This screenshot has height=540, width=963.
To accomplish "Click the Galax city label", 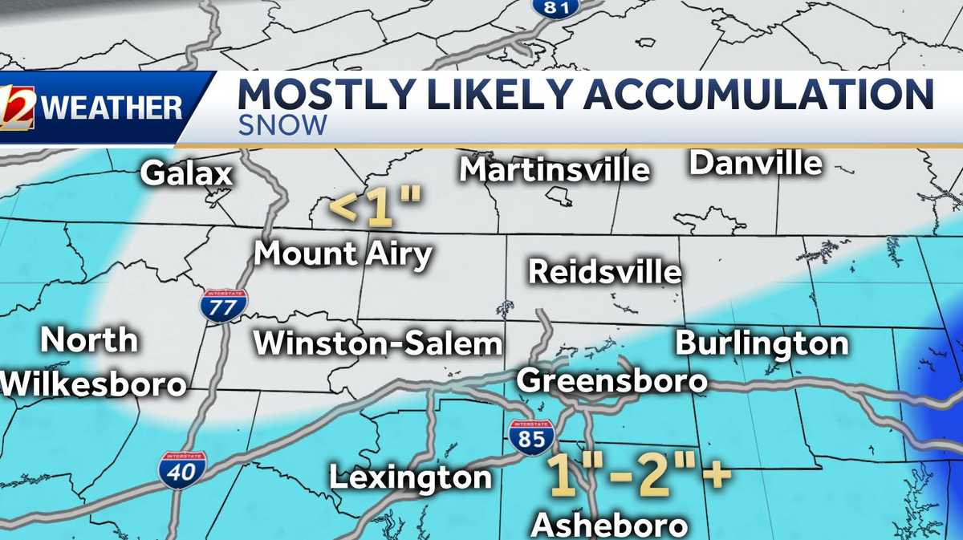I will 186,173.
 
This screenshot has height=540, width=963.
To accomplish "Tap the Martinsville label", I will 555,169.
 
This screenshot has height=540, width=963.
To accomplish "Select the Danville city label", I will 756,163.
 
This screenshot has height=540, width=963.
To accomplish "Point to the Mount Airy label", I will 343,254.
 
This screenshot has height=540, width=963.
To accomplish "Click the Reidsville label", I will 605,272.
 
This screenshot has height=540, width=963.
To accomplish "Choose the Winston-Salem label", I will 378,343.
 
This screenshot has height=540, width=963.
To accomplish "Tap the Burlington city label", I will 762,343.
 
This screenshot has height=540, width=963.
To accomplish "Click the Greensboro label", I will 612,380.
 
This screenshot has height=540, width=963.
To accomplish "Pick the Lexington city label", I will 410,477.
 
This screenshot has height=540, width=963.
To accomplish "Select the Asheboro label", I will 610,525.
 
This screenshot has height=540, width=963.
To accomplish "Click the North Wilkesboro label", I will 93,362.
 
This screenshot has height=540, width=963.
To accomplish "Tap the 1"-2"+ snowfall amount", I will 639,473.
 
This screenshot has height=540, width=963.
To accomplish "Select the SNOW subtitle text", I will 282,125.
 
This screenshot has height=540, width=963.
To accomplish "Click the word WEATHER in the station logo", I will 112,108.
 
